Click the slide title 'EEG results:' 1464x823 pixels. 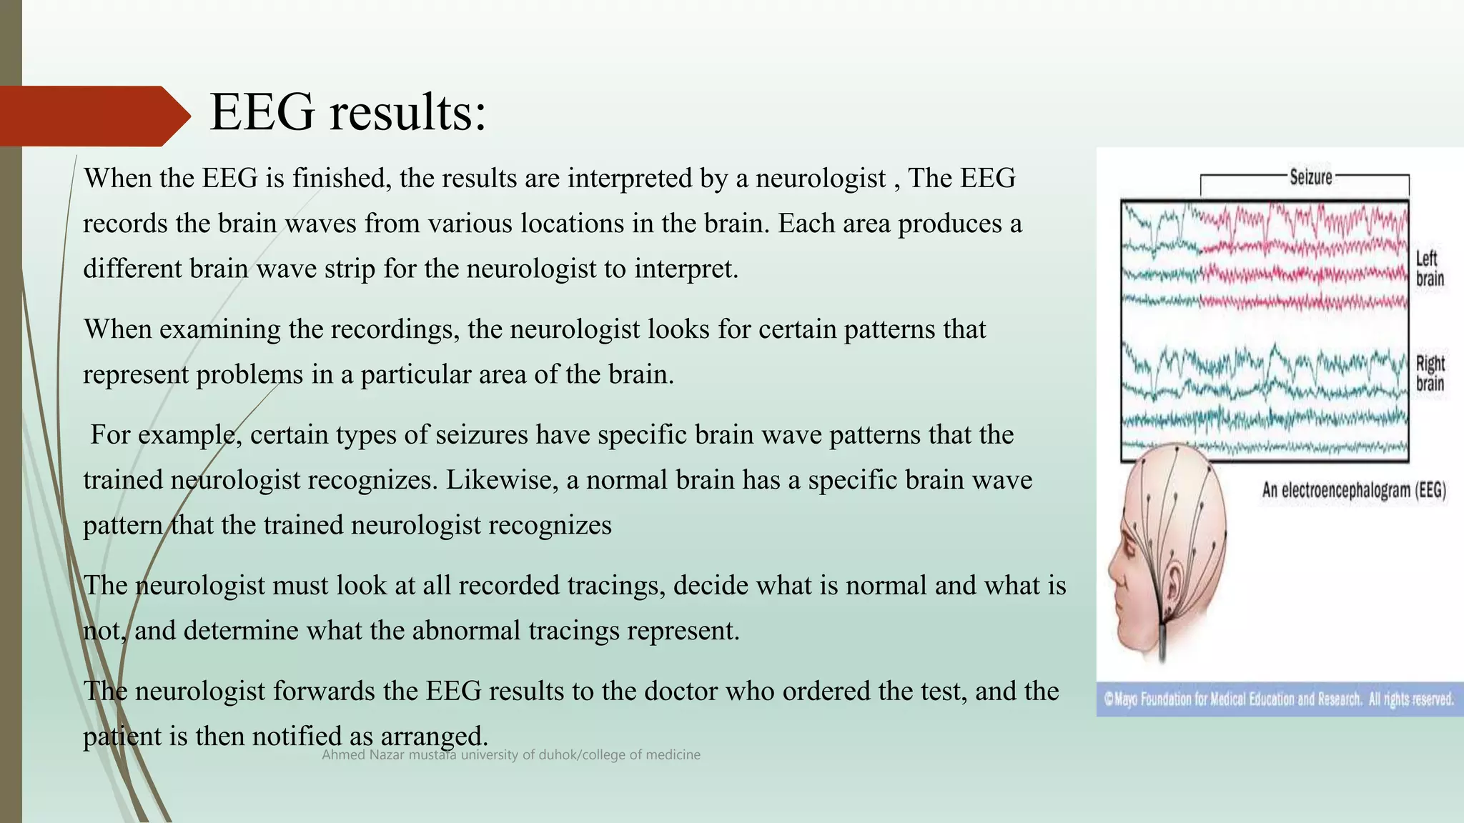point(348,113)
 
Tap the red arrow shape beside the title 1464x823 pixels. point(93,116)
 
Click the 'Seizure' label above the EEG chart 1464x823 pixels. point(1310,177)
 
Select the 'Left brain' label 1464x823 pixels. point(1430,269)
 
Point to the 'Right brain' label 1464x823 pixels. point(1430,374)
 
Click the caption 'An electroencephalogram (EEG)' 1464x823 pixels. point(1353,490)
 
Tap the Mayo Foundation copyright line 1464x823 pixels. point(1279,699)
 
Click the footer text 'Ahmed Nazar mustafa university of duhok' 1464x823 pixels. point(510,755)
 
